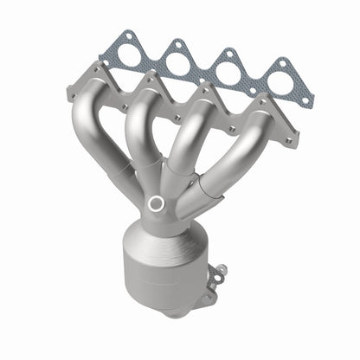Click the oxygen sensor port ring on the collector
[x=156, y=203]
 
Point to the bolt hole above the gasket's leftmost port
[x=128, y=35]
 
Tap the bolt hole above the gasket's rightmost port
[x=284, y=62]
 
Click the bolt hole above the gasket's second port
[x=177, y=43]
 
